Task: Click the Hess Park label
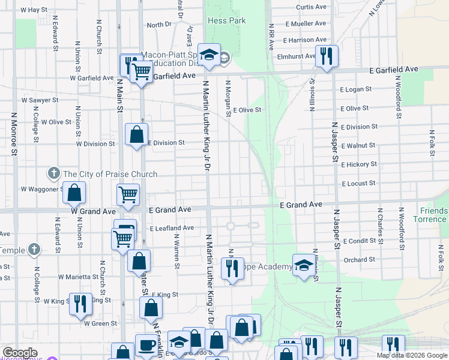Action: point(226,20)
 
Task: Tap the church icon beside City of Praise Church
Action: point(54,174)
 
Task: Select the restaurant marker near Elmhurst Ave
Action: point(326,56)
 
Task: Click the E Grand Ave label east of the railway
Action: point(301,205)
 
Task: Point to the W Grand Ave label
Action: point(92,212)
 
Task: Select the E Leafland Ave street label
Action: point(172,228)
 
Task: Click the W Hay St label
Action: point(33,10)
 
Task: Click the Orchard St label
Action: point(360,260)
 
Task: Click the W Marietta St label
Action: point(78,277)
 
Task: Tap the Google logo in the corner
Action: point(20,352)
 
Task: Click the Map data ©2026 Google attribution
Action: point(412,355)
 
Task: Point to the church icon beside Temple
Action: point(35,250)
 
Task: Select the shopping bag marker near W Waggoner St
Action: point(74,193)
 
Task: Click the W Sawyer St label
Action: point(40,100)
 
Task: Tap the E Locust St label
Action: point(358,183)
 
